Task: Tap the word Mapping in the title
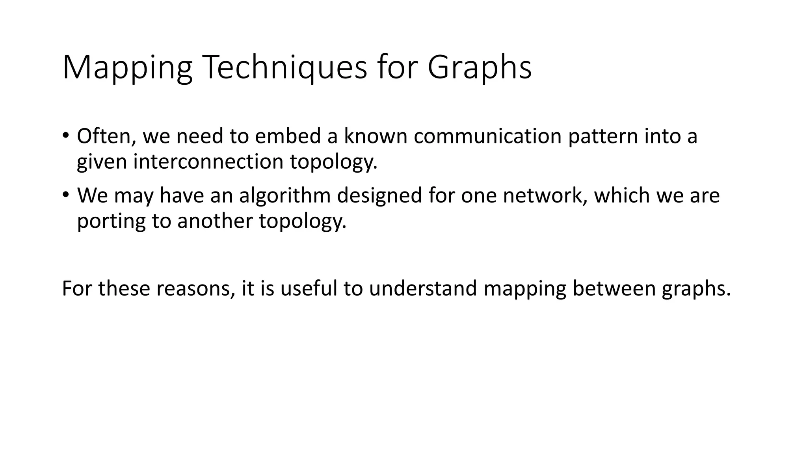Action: [127, 67]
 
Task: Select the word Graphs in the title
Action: [480, 67]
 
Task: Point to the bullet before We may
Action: [65, 195]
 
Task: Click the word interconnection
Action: [208, 162]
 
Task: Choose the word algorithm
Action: [284, 195]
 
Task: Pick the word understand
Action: [423, 288]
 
